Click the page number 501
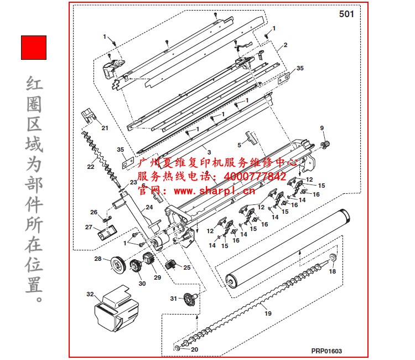click(x=346, y=14)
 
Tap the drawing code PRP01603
click(x=326, y=350)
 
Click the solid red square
click(x=34, y=48)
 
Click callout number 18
click(x=332, y=271)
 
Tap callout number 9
click(x=321, y=128)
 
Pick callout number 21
click(x=105, y=128)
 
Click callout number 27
click(x=89, y=227)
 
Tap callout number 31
click(x=174, y=299)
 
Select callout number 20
click(x=194, y=349)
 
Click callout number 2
click(x=285, y=44)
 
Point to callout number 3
click(x=209, y=151)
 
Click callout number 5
click(x=239, y=145)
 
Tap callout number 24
click(x=149, y=208)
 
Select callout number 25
click(x=186, y=268)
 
